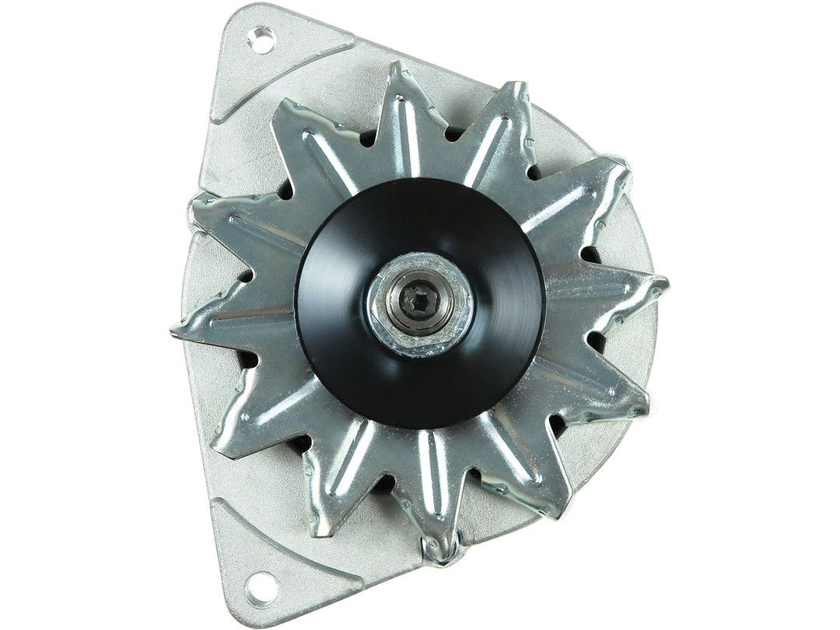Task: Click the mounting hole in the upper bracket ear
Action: pos(263,40)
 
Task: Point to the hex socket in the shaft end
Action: pos(420,299)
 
